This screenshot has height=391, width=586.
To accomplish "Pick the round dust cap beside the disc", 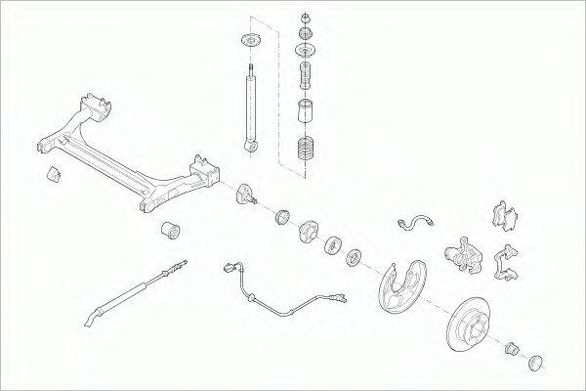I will [535, 363].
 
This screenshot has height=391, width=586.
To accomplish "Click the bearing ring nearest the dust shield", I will [354, 258].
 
